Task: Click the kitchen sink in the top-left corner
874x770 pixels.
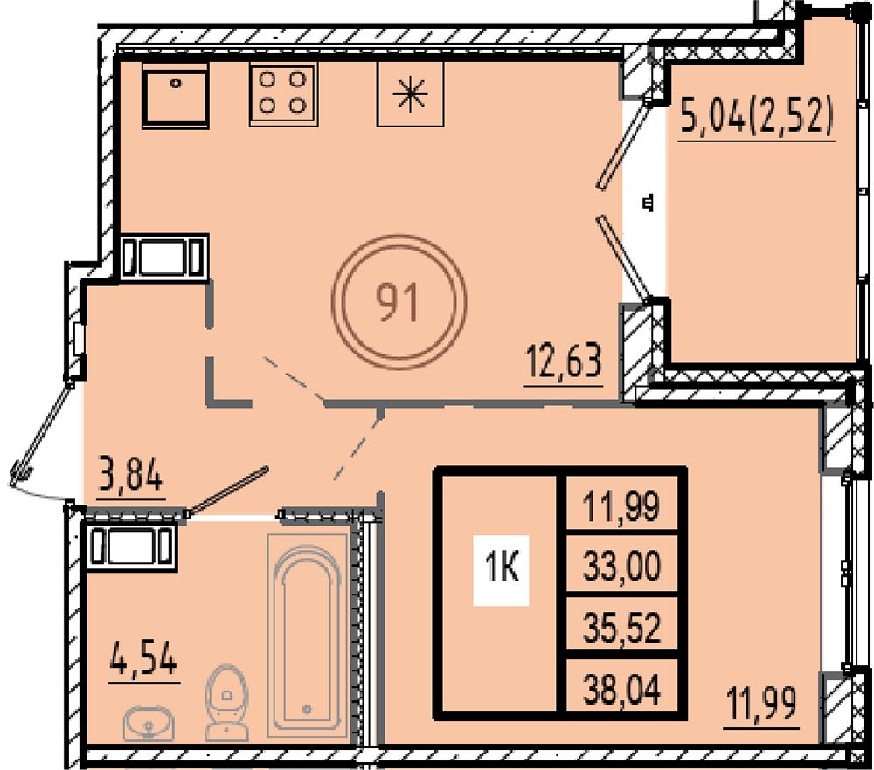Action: (175, 95)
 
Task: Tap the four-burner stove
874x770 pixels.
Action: (283, 94)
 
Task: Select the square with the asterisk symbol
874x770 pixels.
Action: (410, 94)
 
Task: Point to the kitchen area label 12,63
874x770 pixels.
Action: (564, 362)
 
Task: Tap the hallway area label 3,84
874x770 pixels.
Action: (131, 474)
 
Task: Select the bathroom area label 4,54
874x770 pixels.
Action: (144, 657)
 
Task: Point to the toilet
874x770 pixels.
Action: (226, 703)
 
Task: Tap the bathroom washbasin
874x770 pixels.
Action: (149, 723)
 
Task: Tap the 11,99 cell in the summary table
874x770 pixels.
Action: (622, 505)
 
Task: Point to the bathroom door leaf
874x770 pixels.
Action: (228, 491)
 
